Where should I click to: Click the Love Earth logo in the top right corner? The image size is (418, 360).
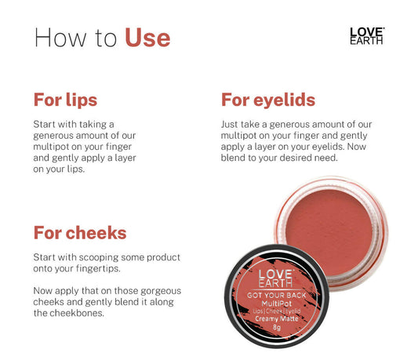[x=366, y=36]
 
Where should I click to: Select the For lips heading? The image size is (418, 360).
[x=65, y=100]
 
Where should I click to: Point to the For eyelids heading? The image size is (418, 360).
[x=268, y=100]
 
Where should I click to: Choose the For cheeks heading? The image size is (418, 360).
[x=79, y=233]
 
